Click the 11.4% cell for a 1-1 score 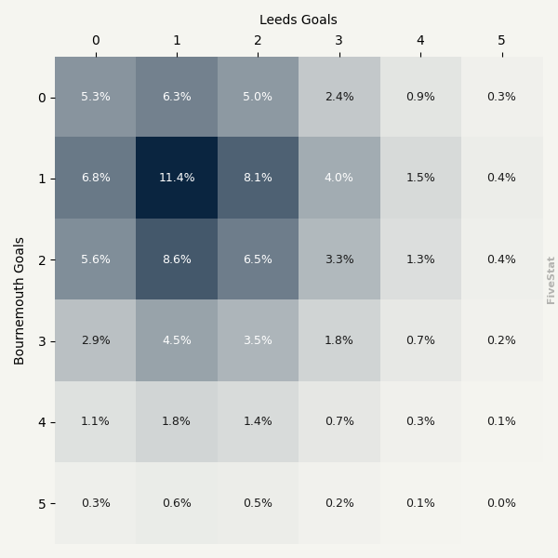177,178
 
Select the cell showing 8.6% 177,259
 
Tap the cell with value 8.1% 258,178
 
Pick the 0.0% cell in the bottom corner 501,503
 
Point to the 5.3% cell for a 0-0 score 95,97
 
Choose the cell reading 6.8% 95,178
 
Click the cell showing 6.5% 258,259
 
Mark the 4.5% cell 177,340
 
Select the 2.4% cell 339,97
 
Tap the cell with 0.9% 420,97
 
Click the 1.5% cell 420,178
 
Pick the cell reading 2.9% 95,340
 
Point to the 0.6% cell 177,503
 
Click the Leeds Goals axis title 299,20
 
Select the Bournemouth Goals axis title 20,300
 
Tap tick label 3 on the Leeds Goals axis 339,40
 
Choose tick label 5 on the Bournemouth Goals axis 42,504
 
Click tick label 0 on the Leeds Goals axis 95,40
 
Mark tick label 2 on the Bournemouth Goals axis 42,260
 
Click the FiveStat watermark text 551,280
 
